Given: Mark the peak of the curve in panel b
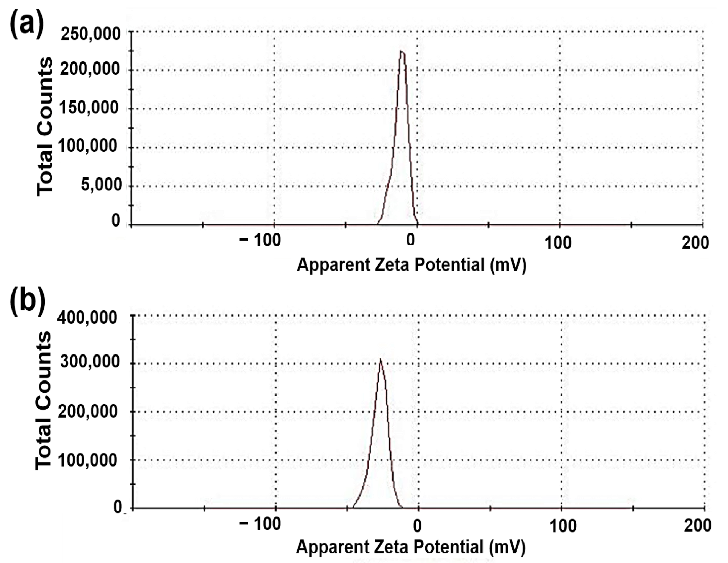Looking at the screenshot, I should coord(380,360).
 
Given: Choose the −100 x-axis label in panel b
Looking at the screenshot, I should coord(260,524).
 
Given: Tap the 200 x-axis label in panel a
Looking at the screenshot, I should coord(695,243).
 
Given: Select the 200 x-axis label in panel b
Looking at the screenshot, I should coord(698,525).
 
